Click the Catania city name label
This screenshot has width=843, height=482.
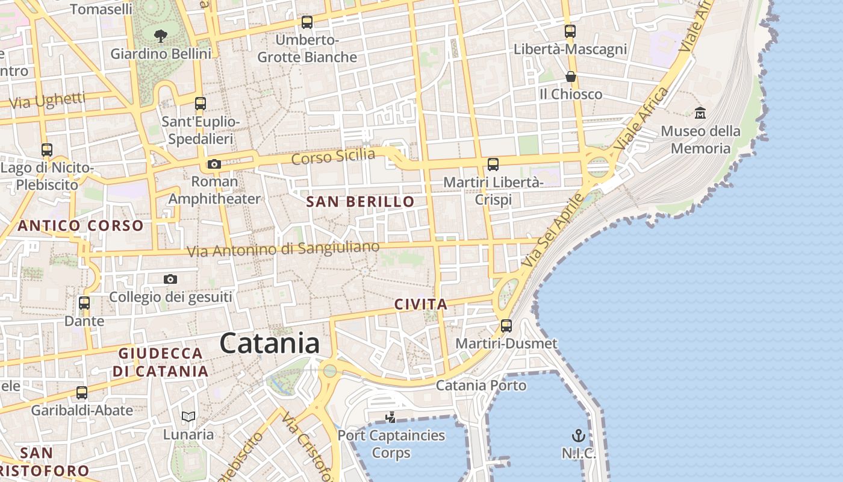coord(269,343)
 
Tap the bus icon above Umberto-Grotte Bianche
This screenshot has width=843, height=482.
coord(307,22)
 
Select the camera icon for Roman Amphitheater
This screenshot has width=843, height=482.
coord(214,164)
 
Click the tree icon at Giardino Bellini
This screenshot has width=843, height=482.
coord(161,36)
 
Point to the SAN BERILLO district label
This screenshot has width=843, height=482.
coord(361,202)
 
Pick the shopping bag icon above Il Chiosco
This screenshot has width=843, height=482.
coord(570,77)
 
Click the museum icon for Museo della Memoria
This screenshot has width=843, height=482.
coord(700,113)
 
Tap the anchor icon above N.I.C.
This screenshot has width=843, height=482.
coord(578,435)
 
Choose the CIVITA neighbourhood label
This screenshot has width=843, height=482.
coord(421,305)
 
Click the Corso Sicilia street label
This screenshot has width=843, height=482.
coord(333,157)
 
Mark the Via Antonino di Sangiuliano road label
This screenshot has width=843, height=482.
coord(283,248)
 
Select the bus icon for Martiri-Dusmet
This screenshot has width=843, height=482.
coord(506,326)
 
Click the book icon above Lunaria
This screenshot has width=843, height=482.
coord(188,416)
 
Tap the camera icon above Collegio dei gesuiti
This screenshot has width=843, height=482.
coord(170,279)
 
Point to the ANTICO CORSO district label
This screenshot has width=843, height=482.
coord(81,226)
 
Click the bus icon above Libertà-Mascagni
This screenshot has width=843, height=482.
coord(570,31)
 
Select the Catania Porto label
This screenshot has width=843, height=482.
coord(481,385)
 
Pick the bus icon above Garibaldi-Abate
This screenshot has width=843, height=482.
coord(82,393)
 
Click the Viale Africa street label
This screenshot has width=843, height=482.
coord(642,119)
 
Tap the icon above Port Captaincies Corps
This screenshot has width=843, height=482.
coord(391,417)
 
